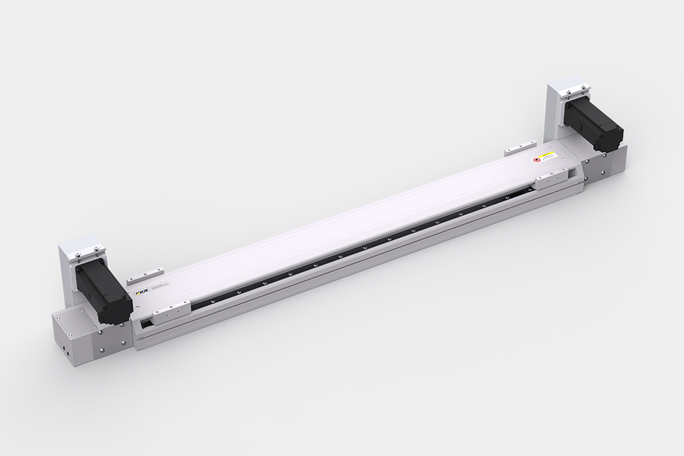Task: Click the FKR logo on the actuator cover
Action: point(142,293)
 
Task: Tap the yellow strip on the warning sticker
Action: point(548,156)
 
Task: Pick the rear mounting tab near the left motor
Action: point(137,274)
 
